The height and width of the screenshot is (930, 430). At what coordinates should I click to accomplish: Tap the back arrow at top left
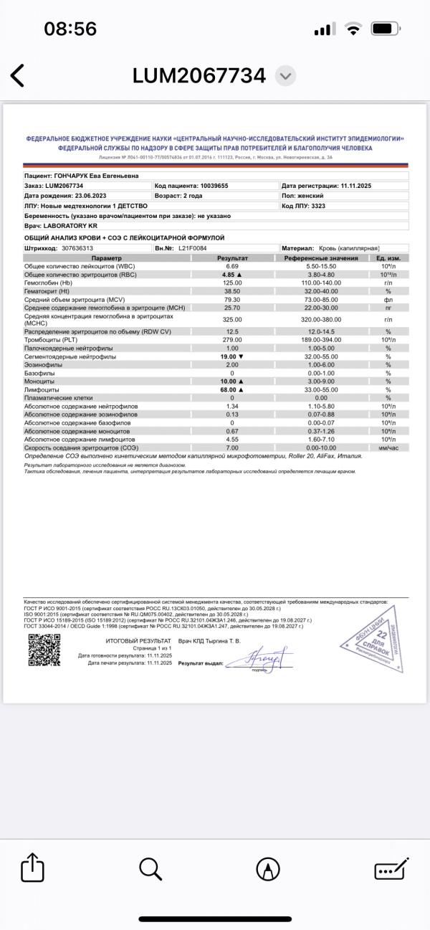coord(17,75)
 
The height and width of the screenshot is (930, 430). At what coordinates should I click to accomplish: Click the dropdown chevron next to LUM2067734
coord(285,75)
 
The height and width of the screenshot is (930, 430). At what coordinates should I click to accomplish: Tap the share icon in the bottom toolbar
coord(33,869)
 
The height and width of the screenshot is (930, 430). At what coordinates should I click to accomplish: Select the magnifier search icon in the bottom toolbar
coord(150,869)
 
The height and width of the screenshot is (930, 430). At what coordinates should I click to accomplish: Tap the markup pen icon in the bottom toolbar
coord(267,869)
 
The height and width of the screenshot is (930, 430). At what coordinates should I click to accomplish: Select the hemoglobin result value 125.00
coord(232,283)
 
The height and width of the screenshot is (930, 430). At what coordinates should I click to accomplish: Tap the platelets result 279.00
coord(232,340)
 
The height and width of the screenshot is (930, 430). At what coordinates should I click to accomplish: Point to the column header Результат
coord(232,257)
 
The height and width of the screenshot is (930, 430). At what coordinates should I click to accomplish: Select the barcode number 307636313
coord(77,247)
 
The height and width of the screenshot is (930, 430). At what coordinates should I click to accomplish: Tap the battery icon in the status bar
coord(386,29)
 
